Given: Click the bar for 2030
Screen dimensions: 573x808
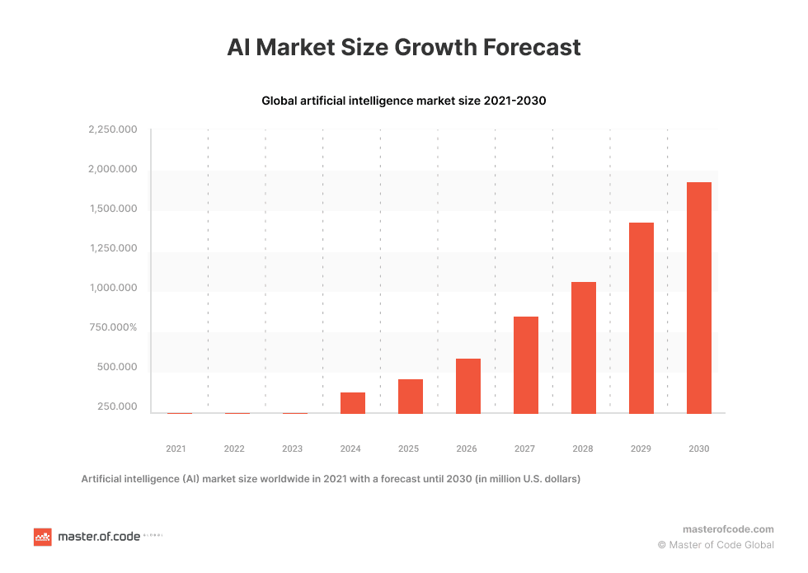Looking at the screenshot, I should point(699,298).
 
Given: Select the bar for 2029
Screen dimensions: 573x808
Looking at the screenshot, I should point(641,318).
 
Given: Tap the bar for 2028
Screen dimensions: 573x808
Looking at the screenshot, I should point(584,348).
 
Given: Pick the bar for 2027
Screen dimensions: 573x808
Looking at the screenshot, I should point(526,365).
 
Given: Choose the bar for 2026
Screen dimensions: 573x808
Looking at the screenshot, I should point(468,386).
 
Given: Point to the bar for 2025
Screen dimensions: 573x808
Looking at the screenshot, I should point(411,397).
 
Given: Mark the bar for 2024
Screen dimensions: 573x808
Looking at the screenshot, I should point(353,403).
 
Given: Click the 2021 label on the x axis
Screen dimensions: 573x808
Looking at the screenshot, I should point(176,449).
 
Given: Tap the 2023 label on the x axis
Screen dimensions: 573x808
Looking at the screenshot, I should point(292,449).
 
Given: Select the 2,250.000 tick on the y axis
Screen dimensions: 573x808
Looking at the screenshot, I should point(112,130).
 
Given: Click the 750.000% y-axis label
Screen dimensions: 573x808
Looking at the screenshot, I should point(112,328).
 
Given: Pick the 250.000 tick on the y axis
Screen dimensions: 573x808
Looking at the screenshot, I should point(115,407).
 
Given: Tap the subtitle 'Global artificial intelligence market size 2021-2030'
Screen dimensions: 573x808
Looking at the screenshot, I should point(404,101).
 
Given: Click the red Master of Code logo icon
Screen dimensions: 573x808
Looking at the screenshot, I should point(42,537).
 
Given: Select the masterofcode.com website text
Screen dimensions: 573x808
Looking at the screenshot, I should point(728,529).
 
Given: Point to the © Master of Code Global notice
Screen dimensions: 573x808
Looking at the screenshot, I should point(716,545).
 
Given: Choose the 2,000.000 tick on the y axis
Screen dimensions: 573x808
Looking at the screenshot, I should point(112,170).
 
